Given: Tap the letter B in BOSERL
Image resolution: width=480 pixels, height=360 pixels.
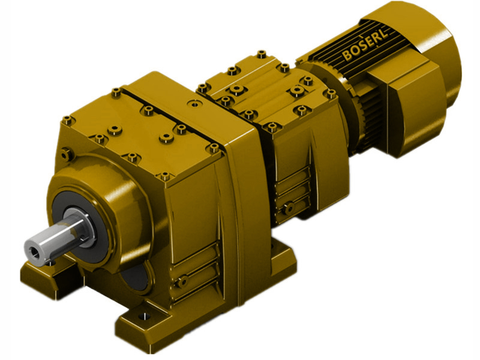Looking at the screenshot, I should click(346, 57).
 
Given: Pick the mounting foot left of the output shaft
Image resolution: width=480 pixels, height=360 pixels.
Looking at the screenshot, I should click(36, 273).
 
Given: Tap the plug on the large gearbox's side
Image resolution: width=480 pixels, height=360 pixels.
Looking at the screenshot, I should click(182, 280).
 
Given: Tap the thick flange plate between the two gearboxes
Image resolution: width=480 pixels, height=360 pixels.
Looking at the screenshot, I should click(240, 180).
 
